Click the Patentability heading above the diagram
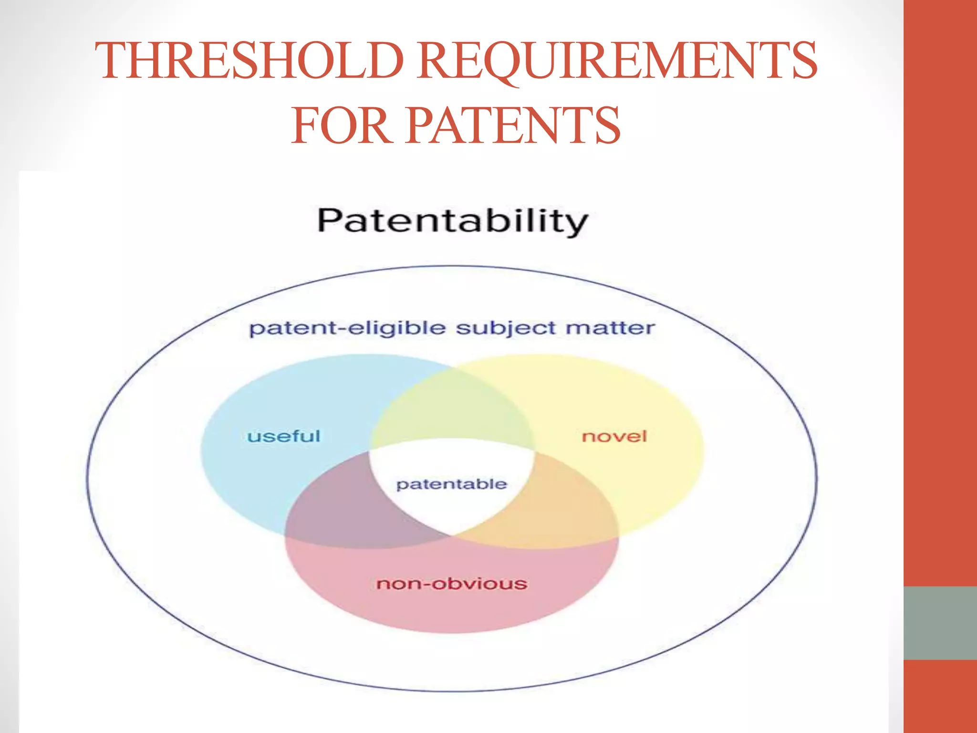[452, 221]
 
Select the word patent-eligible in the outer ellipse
[347, 329]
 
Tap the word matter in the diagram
[610, 328]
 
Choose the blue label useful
[284, 436]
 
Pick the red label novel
[614, 436]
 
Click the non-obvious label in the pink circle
[452, 584]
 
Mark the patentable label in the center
[451, 484]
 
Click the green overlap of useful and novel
[451, 406]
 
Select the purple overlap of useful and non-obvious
[343, 511]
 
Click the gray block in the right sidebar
[940, 623]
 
